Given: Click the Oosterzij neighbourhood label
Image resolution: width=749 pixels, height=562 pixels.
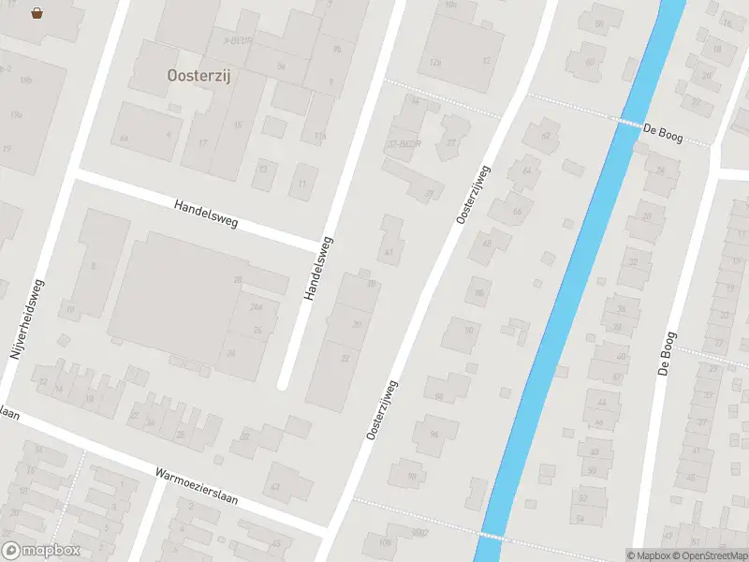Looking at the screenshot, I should point(198,77).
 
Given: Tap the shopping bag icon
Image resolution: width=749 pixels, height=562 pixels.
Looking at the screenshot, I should point(37,13).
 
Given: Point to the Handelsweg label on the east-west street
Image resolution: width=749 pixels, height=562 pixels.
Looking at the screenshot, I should point(206,214).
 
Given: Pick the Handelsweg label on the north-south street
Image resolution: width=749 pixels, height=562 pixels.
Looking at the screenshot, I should point(318,268).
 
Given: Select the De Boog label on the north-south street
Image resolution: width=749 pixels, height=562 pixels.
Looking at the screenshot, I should point(667,354).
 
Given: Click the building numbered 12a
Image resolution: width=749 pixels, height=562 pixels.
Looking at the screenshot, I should point(434,62).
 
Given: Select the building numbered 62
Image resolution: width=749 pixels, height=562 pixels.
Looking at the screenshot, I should point(545,136).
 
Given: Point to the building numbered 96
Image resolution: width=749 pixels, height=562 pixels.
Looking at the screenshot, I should point(433,434).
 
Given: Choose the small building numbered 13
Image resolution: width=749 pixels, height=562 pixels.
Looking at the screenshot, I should point(263,170).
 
